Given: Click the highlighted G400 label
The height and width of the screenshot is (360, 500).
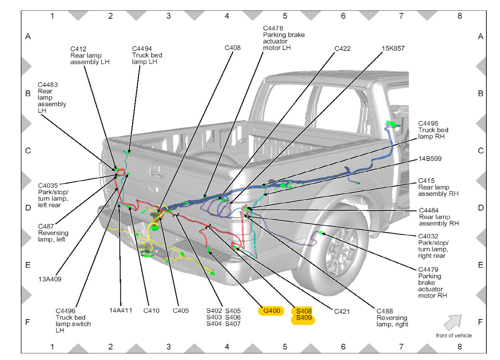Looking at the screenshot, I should tap(271, 311).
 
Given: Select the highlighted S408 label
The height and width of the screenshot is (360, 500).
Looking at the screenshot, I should tap(304, 311).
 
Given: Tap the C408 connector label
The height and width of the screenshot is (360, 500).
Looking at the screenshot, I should tap(233, 48).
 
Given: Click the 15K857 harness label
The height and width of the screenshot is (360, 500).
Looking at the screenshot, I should tap(393, 48).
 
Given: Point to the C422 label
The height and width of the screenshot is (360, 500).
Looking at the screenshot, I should tap(342, 49).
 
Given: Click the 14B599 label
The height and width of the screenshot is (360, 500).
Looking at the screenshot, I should tap(430, 159).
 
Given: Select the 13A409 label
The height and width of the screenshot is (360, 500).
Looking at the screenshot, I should tap(50, 279).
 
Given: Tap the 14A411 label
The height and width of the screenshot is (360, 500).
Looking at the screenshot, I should tap(121, 310).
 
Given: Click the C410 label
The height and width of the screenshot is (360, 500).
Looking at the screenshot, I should tap(151, 311).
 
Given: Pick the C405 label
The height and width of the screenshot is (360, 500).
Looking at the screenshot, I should tap(181, 311).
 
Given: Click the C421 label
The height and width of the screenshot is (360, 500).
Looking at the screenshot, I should tap(342, 312).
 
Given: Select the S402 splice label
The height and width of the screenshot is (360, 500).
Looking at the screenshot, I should tap(214, 311).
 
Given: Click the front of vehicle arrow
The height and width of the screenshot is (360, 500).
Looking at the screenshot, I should tap(453, 322).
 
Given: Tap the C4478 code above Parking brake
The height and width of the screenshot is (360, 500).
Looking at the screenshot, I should tap(273, 28).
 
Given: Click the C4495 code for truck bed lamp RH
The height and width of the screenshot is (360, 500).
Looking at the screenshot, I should tap(428, 124).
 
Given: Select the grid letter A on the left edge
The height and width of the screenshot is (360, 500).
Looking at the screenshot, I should tap(28, 36).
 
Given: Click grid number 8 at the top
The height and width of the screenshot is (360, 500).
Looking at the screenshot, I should tap(459, 16).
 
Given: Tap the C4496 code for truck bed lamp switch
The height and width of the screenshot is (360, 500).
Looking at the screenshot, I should tap(65, 311).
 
